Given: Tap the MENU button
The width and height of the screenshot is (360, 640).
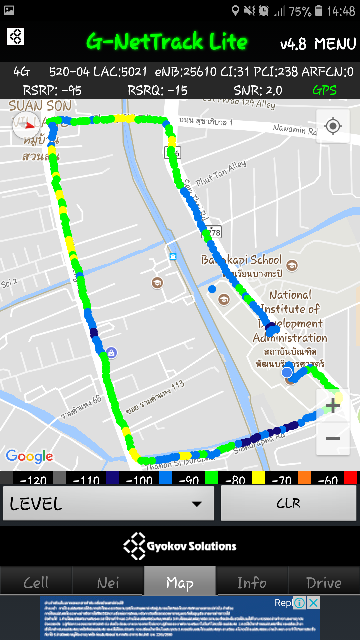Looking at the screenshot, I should (x=335, y=44).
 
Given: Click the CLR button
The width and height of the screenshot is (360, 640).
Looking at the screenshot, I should (x=288, y=503).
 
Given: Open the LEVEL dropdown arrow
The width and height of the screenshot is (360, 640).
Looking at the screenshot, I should (x=197, y=504).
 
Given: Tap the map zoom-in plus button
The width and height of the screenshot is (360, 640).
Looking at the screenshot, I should (x=333, y=405).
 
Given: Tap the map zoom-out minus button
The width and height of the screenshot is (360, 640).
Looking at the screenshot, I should (x=333, y=439).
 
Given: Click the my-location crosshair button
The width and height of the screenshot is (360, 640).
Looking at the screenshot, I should (x=333, y=126).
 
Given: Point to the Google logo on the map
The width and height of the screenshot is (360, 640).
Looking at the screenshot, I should (x=29, y=456).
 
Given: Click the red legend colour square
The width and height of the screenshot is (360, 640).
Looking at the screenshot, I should (x=351, y=477).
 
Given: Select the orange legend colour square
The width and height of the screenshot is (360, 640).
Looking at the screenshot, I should (x=304, y=477).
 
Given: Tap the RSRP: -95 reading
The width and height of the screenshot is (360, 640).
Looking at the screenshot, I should (x=52, y=90).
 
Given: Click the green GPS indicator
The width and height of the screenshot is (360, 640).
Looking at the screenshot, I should (x=324, y=90).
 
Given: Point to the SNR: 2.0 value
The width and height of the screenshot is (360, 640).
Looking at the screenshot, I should (x=258, y=90).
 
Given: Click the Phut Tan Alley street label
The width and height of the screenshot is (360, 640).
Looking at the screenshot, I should (x=221, y=173).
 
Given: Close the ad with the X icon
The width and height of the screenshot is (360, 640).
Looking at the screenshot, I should (x=313, y=603).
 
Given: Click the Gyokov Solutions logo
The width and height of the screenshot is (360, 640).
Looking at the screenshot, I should (x=180, y=546).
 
